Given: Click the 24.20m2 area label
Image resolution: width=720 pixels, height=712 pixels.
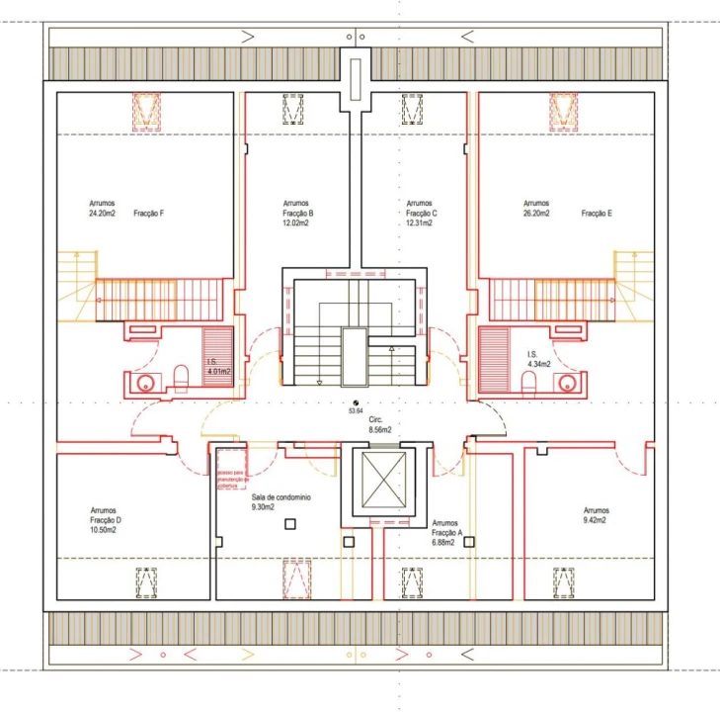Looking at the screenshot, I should click(x=102, y=213).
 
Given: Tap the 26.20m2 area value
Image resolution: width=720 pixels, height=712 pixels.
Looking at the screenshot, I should click(x=536, y=213).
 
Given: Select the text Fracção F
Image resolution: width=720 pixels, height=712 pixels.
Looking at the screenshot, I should click(x=149, y=213).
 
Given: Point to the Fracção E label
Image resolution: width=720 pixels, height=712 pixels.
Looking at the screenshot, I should click(x=598, y=213).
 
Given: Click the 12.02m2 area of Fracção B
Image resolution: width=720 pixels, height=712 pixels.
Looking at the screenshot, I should click(x=295, y=223).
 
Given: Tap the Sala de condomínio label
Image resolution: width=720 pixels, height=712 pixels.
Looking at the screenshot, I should click(x=281, y=497).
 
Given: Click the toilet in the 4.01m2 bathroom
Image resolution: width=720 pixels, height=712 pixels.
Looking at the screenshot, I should click(x=180, y=378).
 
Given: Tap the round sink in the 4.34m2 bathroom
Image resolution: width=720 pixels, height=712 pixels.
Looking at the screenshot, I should click(x=566, y=383).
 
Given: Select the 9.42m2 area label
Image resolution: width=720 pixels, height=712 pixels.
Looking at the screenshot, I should click(x=595, y=519).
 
